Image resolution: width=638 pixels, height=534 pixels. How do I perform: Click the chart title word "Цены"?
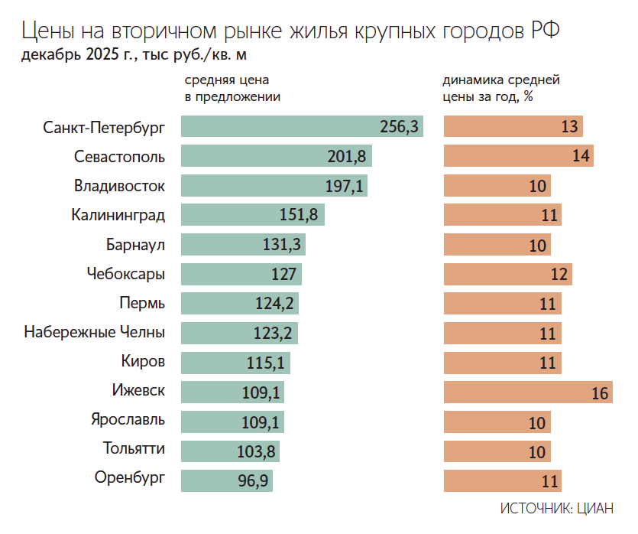click(x=47, y=31)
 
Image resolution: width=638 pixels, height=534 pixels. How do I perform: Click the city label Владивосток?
click(x=119, y=186)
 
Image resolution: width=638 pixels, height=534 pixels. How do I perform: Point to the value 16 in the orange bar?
click(x=600, y=393)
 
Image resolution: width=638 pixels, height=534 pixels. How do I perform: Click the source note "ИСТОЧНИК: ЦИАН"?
click(x=557, y=509)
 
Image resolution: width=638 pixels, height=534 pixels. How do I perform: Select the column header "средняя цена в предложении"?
click(x=232, y=88)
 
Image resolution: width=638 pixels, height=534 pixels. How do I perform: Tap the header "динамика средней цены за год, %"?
click(x=500, y=88)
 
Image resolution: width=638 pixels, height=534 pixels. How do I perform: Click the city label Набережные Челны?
click(x=94, y=333)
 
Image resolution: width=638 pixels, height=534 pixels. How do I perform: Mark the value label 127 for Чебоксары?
click(x=283, y=274)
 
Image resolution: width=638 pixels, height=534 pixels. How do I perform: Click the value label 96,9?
click(x=254, y=481)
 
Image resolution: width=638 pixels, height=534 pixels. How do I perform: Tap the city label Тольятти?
click(x=134, y=448)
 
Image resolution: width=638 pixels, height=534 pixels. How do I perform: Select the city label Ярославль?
click(x=128, y=420)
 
